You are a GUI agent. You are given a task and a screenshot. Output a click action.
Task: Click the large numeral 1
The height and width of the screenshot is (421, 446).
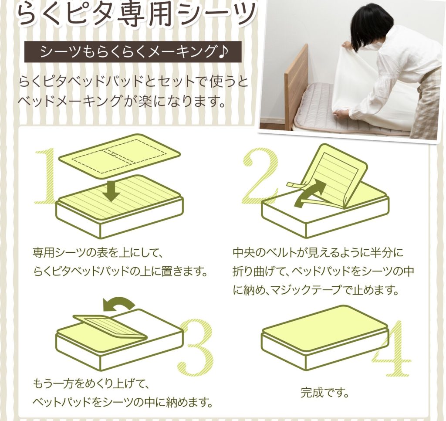(x=47, y=177)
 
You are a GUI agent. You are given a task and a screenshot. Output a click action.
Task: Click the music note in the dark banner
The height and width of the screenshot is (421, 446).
(x=224, y=52)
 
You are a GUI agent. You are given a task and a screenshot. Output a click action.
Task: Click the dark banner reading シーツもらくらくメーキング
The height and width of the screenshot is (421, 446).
(x=133, y=52)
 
